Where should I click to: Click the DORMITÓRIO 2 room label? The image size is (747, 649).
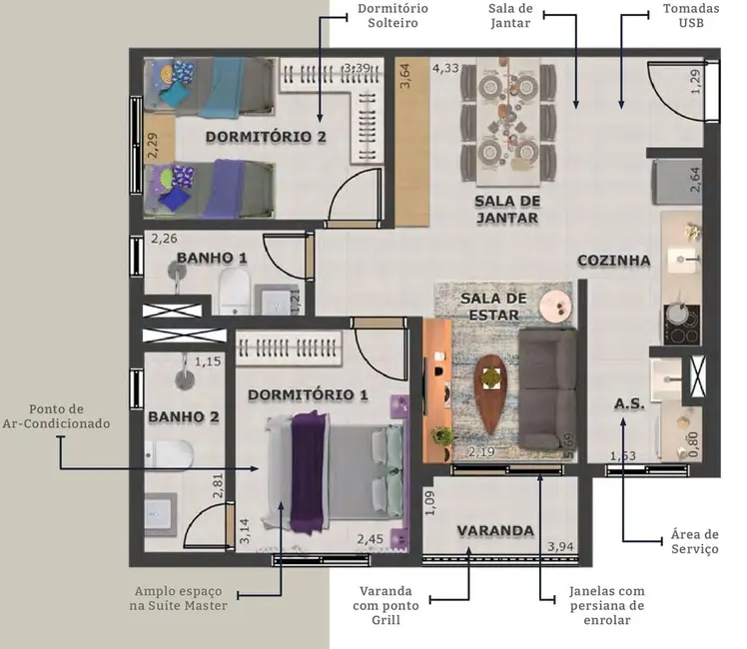coord(266,137)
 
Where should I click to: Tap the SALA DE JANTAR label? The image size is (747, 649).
coord(506,209)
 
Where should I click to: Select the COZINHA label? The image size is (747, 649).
coord(613,261)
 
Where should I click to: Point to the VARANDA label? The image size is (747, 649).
coord(495,530)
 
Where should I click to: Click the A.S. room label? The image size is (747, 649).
coord(629,404)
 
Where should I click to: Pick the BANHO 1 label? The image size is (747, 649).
coord(212,258)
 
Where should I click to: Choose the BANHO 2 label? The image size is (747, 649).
coord(183,416)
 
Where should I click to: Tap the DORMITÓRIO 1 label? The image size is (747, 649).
coord(307,394)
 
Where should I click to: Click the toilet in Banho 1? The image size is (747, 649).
coord(233,288)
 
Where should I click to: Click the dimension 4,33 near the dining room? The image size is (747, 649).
coord(445,69)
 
